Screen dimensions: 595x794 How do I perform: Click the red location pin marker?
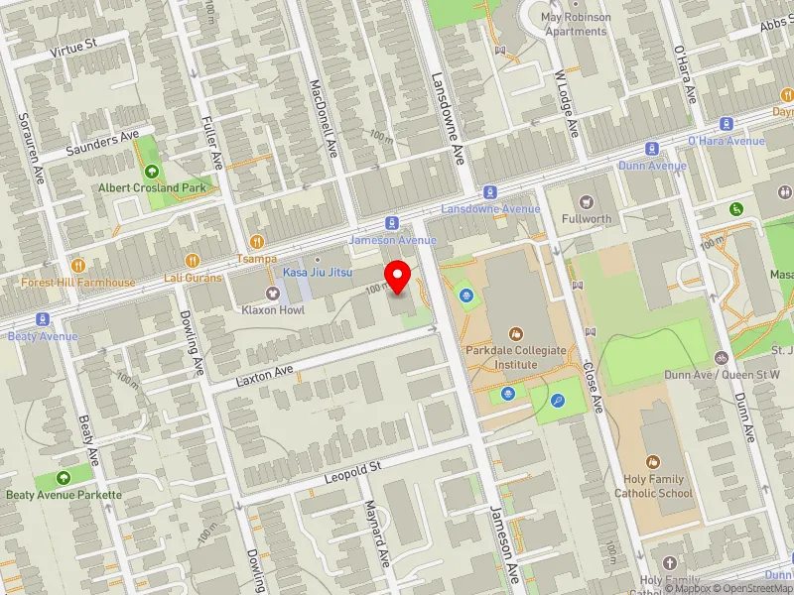(398, 277)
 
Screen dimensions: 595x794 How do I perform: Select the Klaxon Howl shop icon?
(272, 293)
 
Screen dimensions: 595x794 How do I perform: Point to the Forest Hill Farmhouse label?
(78, 282)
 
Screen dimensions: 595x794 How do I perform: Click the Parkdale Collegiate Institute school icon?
(515, 334)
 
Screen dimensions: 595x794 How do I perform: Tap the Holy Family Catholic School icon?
(653, 462)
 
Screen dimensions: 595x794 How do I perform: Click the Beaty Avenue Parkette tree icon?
(64, 477)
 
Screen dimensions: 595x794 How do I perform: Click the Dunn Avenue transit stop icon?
(652, 149)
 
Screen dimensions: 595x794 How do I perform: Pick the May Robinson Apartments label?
(576, 24)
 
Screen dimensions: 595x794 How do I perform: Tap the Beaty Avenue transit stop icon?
(42, 319)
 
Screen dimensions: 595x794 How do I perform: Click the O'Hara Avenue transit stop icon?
(727, 125)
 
